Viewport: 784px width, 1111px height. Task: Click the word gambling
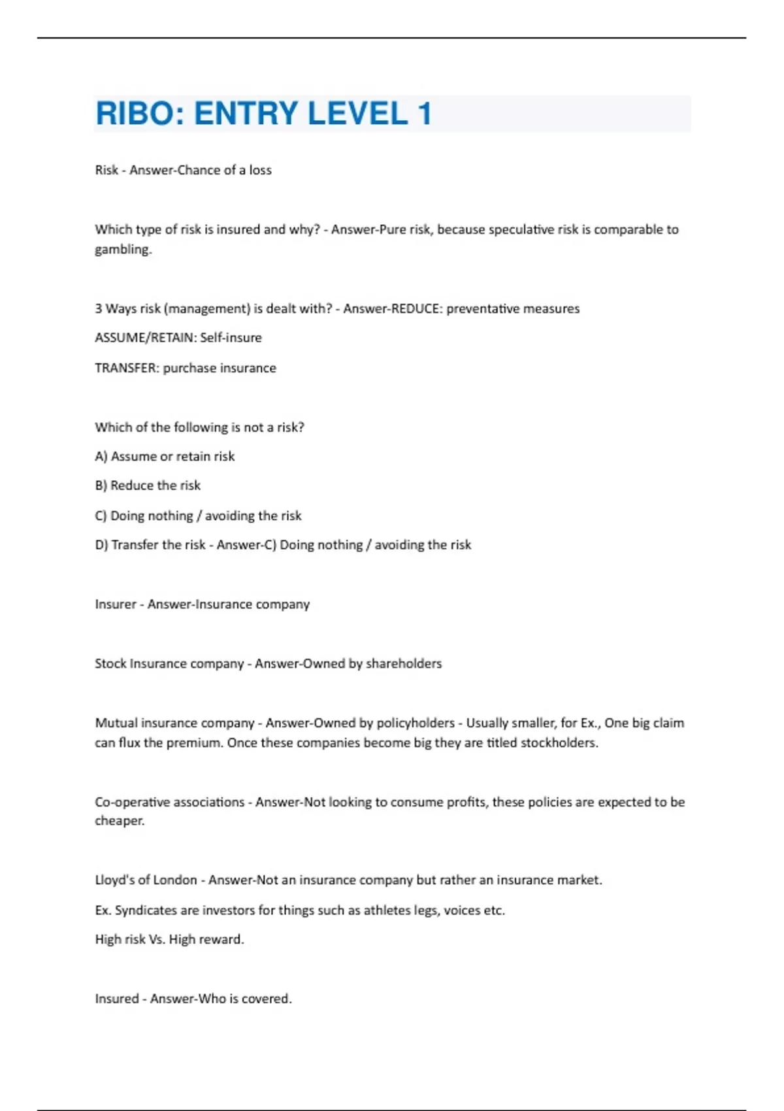pyautogui.click(x=123, y=250)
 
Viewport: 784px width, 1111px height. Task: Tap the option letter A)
pyautogui.click(x=101, y=456)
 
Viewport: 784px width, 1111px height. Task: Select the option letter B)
pyautogui.click(x=101, y=486)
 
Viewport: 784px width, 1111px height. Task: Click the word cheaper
pyautogui.click(x=120, y=821)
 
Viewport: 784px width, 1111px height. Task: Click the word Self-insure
pyautogui.click(x=231, y=338)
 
